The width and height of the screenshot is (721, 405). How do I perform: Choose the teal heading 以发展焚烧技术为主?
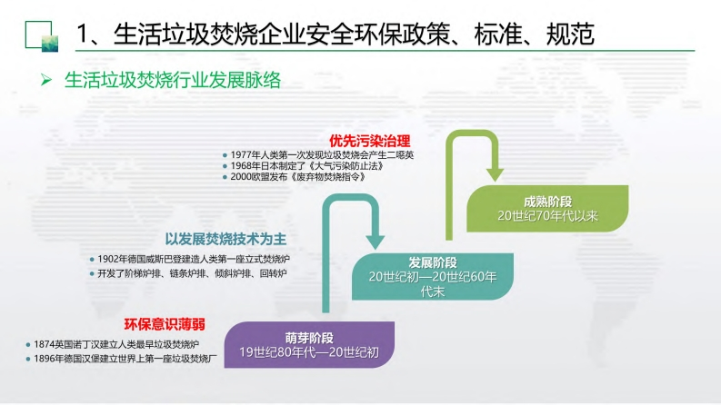(225, 239)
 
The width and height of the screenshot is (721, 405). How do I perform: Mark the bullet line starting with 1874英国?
(112, 344)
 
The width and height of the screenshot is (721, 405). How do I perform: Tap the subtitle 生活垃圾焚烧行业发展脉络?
(172, 81)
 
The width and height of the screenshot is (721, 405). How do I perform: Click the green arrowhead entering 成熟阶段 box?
(495, 173)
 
